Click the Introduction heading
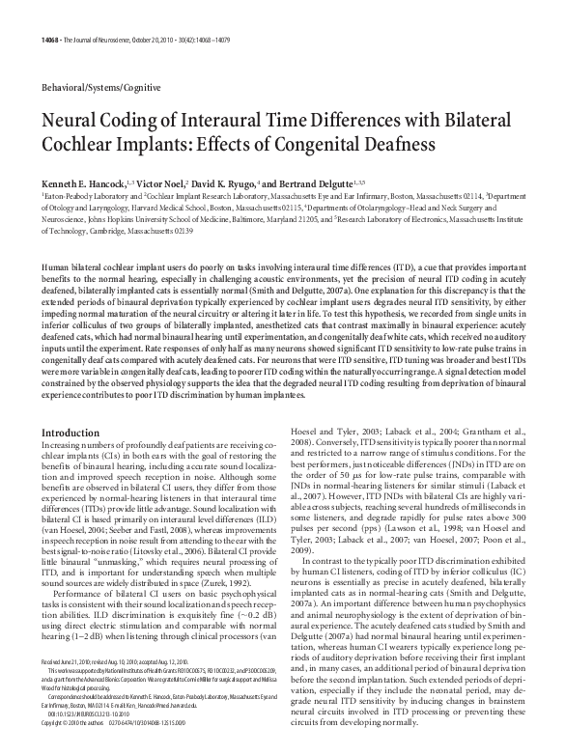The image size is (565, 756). pos(73,433)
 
